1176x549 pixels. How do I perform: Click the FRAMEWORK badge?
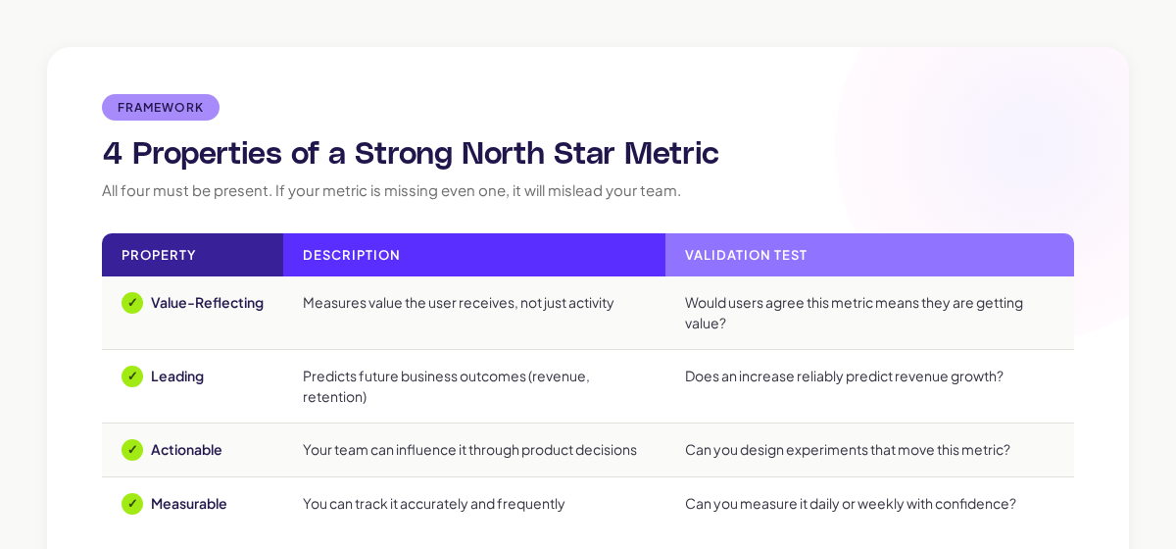point(161,108)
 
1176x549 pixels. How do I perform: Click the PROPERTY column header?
point(159,255)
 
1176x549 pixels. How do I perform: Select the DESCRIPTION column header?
point(351,255)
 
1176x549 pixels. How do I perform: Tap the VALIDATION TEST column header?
point(746,255)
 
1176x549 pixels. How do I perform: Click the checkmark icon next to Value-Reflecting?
point(132,303)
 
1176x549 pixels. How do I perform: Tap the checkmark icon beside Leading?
point(132,376)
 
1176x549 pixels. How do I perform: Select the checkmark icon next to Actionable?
point(132,450)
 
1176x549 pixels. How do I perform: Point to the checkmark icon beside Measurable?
point(132,504)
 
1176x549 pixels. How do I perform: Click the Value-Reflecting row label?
point(207,303)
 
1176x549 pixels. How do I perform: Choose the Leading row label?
point(177,376)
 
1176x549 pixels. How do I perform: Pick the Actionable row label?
point(186,450)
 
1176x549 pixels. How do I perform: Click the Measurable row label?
point(189,504)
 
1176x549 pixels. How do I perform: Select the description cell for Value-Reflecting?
point(458,303)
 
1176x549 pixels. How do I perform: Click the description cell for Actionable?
point(469,450)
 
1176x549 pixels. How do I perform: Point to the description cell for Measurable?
point(433,504)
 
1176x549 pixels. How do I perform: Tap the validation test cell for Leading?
point(844,376)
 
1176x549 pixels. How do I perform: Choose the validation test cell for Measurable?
point(850,504)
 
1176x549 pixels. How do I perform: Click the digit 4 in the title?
point(113,154)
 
